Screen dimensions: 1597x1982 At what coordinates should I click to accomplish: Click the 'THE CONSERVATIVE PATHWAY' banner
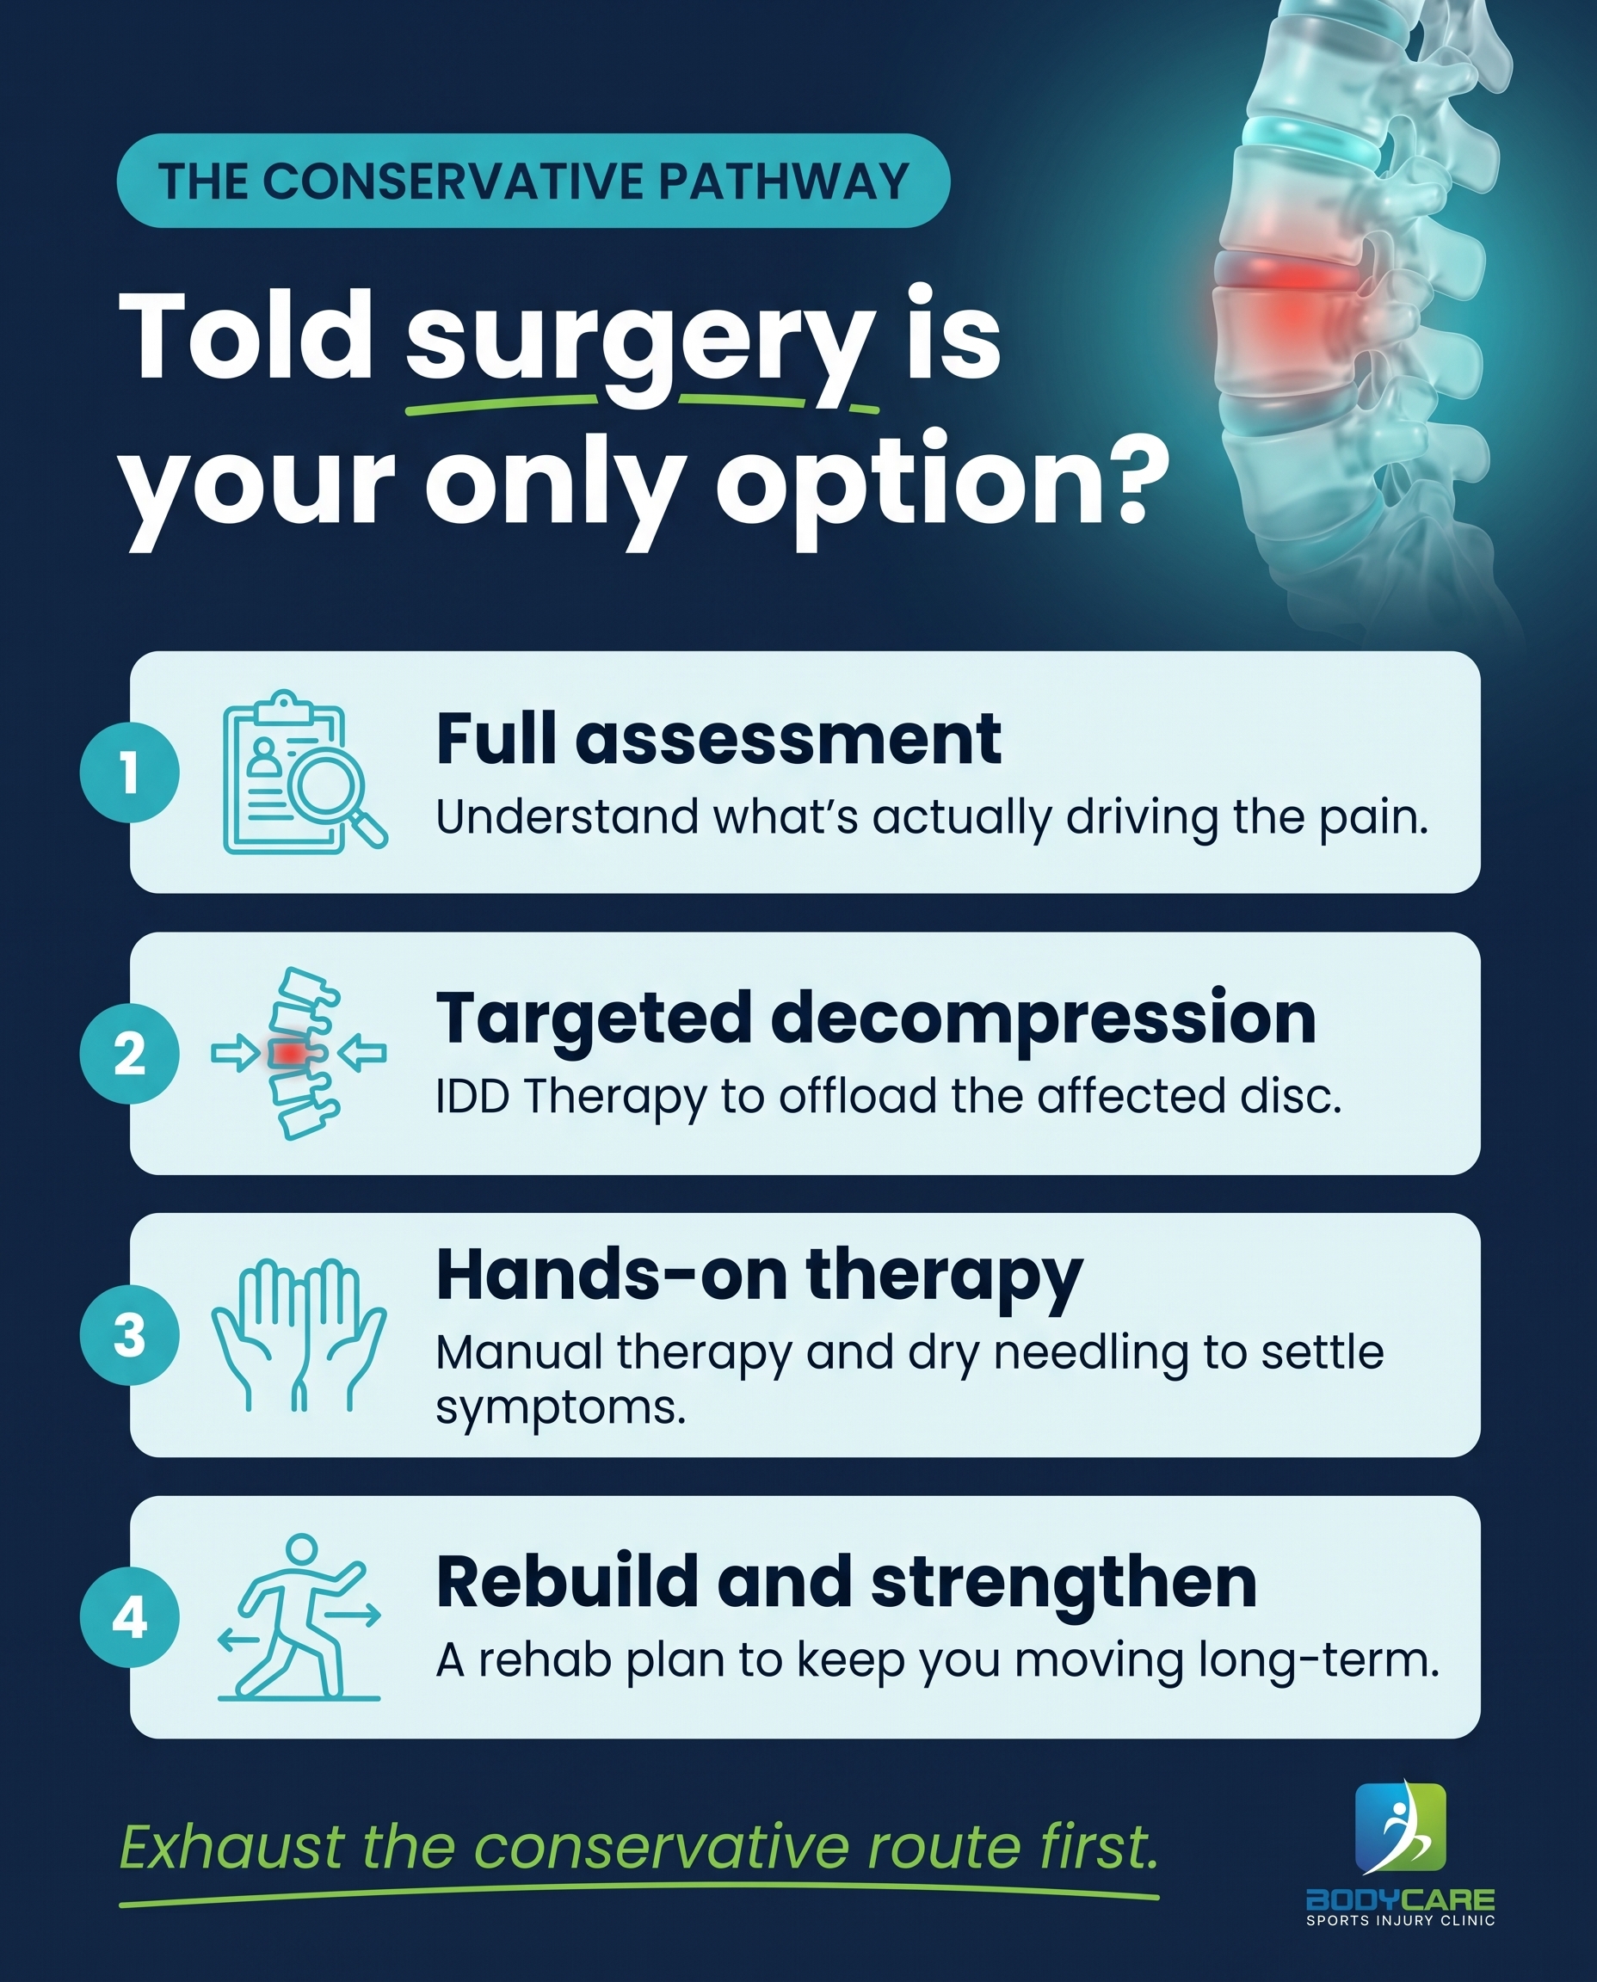click(533, 181)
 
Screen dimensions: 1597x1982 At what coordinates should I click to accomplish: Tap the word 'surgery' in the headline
click(640, 342)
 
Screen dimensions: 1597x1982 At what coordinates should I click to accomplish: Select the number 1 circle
click(129, 772)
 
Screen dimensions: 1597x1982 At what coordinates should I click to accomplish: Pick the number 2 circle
click(129, 1054)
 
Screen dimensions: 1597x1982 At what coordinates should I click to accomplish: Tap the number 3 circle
click(129, 1334)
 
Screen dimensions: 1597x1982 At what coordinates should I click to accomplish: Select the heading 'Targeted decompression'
click(876, 1021)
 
